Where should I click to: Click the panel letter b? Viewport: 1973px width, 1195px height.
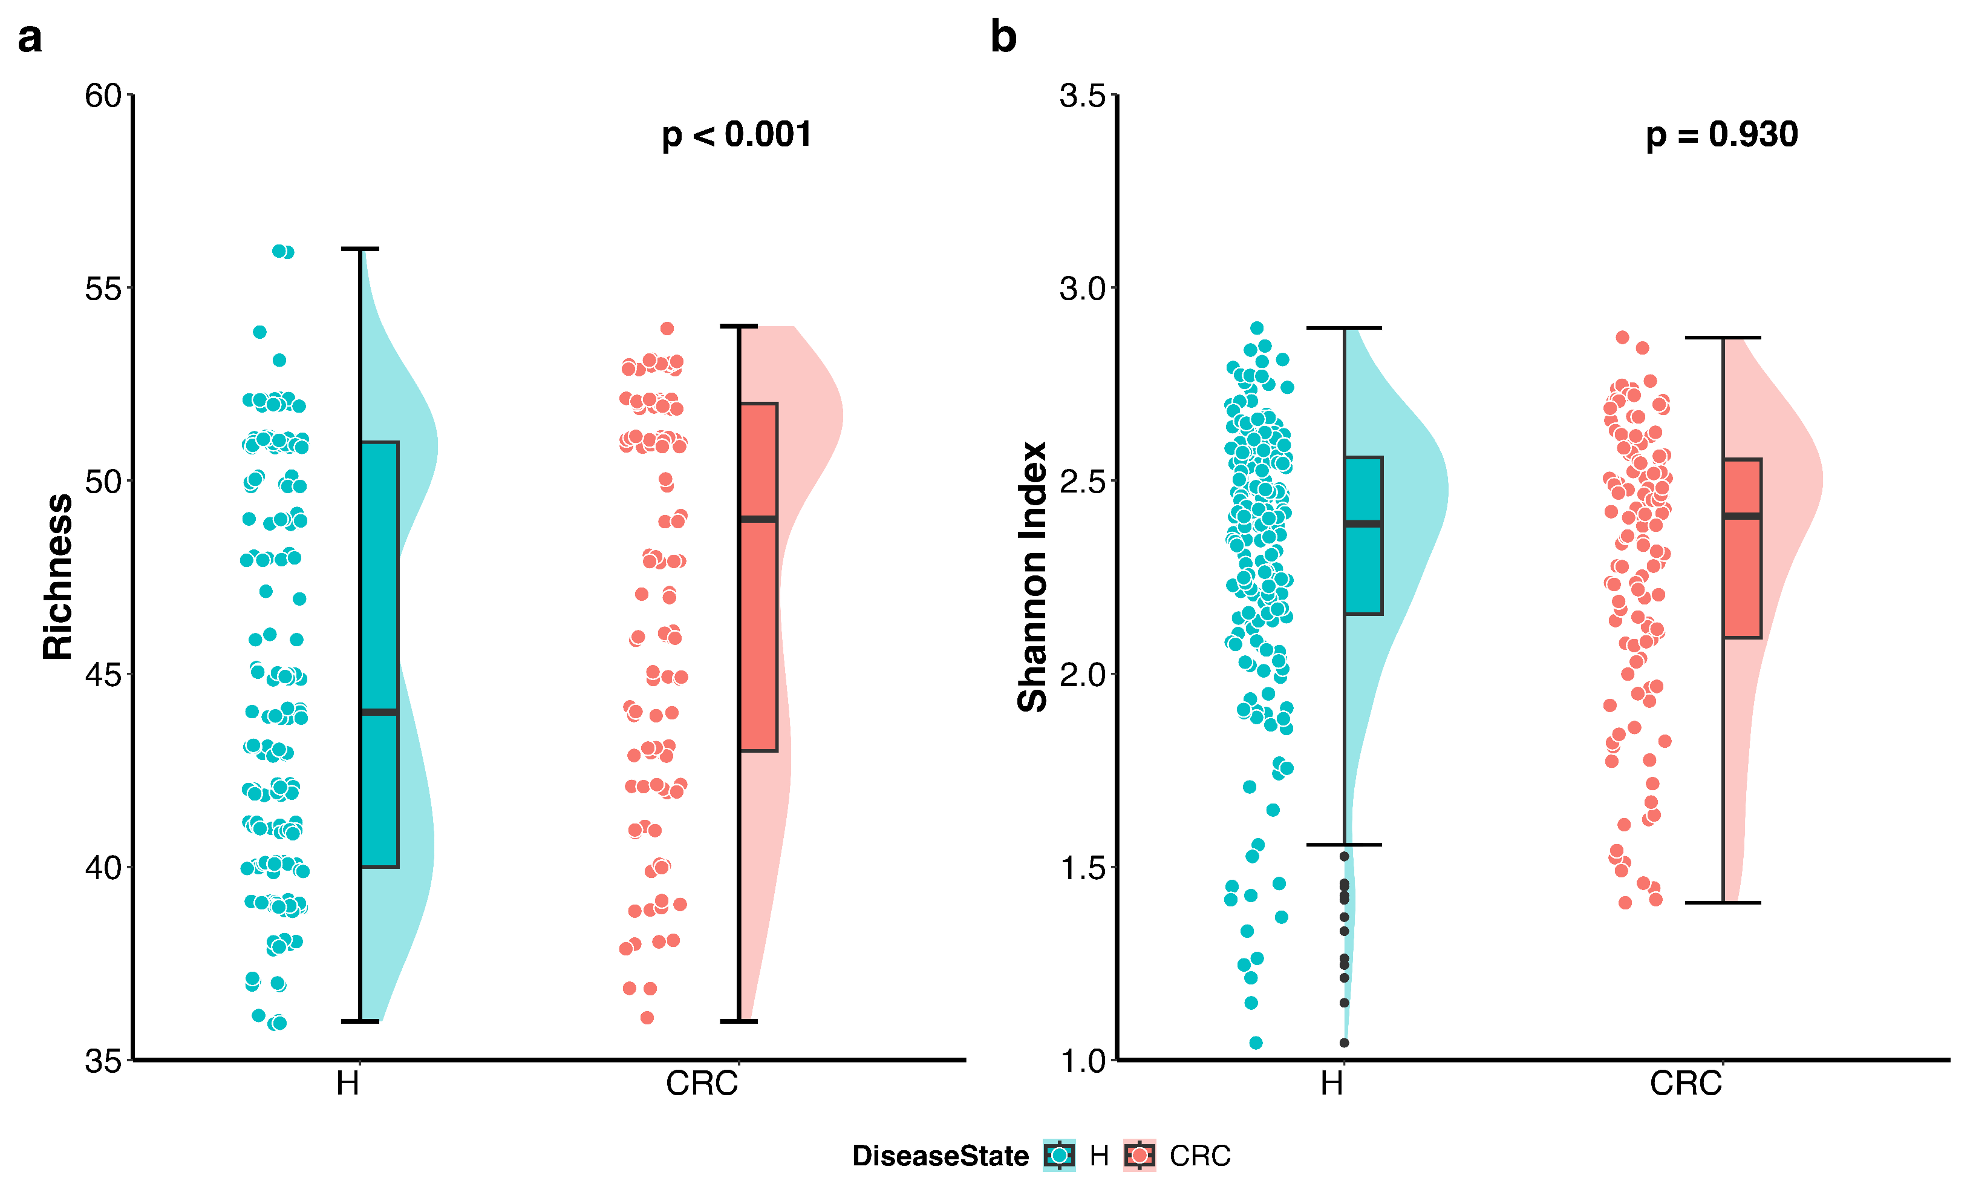pyautogui.click(x=1003, y=38)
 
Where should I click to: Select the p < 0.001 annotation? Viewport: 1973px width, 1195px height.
pyautogui.click(x=736, y=134)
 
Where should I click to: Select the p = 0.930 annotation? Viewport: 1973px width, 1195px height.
pyautogui.click(x=1721, y=134)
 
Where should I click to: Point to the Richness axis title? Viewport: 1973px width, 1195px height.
pyautogui.click(x=57, y=577)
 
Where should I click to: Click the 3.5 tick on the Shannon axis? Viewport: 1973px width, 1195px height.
pyautogui.click(x=1082, y=96)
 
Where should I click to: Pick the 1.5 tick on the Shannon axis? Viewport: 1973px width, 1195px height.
pyautogui.click(x=1082, y=868)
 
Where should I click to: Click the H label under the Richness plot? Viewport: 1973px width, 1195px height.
pyautogui.click(x=348, y=1084)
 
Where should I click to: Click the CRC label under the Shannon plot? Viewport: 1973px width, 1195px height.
pyautogui.click(x=1686, y=1084)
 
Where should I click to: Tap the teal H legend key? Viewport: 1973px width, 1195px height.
pyautogui.click(x=1059, y=1155)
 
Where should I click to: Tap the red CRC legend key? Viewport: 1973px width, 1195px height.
pyautogui.click(x=1140, y=1155)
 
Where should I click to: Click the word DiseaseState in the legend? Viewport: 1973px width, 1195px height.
pyautogui.click(x=940, y=1156)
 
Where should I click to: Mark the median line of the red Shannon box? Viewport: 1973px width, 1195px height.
pyautogui.click(x=1743, y=516)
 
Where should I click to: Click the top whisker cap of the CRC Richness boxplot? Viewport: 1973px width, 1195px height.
pyautogui.click(x=739, y=327)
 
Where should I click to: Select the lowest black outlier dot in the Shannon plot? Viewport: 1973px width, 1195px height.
pyautogui.click(x=1345, y=1043)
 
